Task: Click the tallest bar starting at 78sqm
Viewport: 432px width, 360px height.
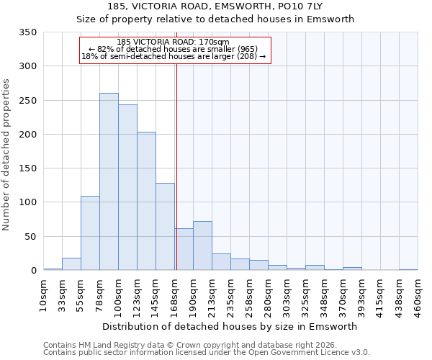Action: tap(109, 181)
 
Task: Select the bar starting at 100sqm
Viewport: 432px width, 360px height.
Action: tap(127, 187)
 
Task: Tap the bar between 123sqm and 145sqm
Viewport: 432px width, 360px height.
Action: tap(146, 201)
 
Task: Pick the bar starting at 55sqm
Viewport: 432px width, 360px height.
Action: tap(90, 233)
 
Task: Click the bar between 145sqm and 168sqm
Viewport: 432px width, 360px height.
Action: tap(165, 227)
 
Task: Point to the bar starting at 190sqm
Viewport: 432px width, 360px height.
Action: tap(202, 246)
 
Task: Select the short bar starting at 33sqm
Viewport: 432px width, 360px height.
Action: tap(71, 264)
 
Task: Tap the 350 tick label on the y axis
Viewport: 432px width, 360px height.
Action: tap(28, 32)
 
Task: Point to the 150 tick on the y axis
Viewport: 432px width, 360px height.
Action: tap(28, 168)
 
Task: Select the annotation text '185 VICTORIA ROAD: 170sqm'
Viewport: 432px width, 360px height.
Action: tap(173, 42)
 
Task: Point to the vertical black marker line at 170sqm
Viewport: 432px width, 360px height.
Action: tap(176, 166)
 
